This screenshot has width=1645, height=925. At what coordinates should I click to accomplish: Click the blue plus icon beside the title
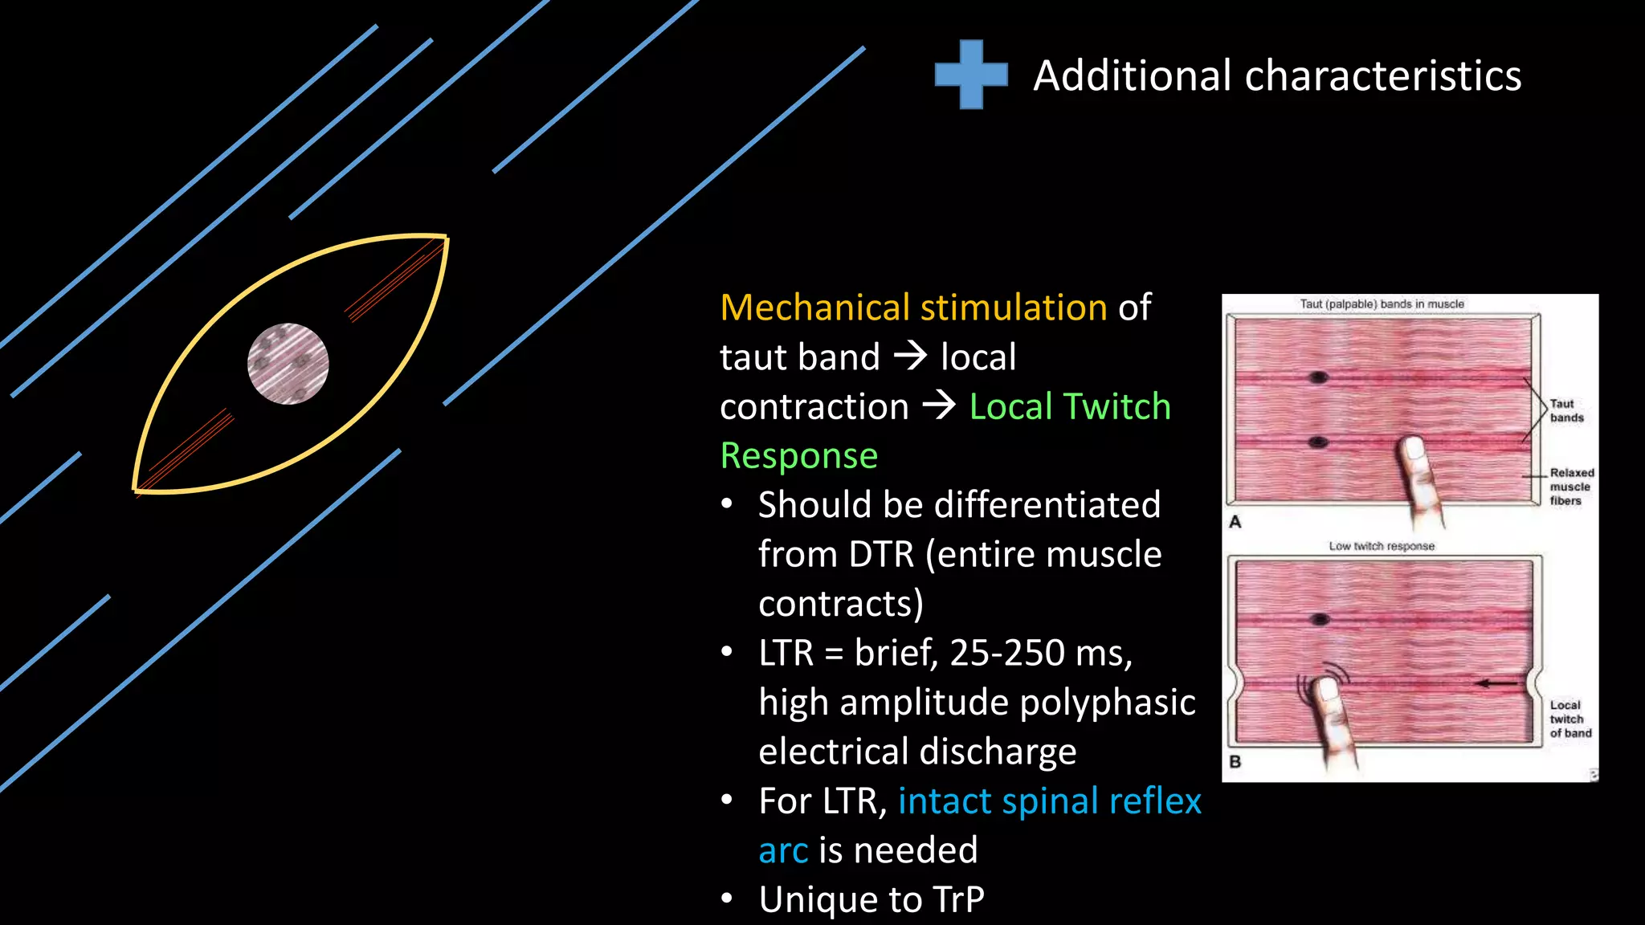click(x=971, y=75)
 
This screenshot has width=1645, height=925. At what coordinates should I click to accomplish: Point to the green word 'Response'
click(x=798, y=456)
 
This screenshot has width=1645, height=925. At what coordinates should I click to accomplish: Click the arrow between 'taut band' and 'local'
click(x=911, y=355)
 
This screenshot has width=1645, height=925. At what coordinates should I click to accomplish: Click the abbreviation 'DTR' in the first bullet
click(x=881, y=554)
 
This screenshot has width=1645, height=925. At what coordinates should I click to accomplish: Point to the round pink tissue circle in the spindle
click(x=288, y=364)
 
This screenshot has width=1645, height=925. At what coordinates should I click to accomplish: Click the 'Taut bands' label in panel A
click(x=1566, y=410)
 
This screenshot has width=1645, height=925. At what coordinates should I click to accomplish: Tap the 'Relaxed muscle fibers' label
click(x=1571, y=487)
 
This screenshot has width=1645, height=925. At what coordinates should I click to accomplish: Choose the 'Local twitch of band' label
click(x=1570, y=719)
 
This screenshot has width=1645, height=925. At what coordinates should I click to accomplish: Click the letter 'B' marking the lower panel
click(x=1235, y=761)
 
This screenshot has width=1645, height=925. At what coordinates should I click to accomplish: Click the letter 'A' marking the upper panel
click(x=1235, y=522)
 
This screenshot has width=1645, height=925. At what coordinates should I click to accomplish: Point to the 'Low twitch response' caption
click(x=1381, y=546)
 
